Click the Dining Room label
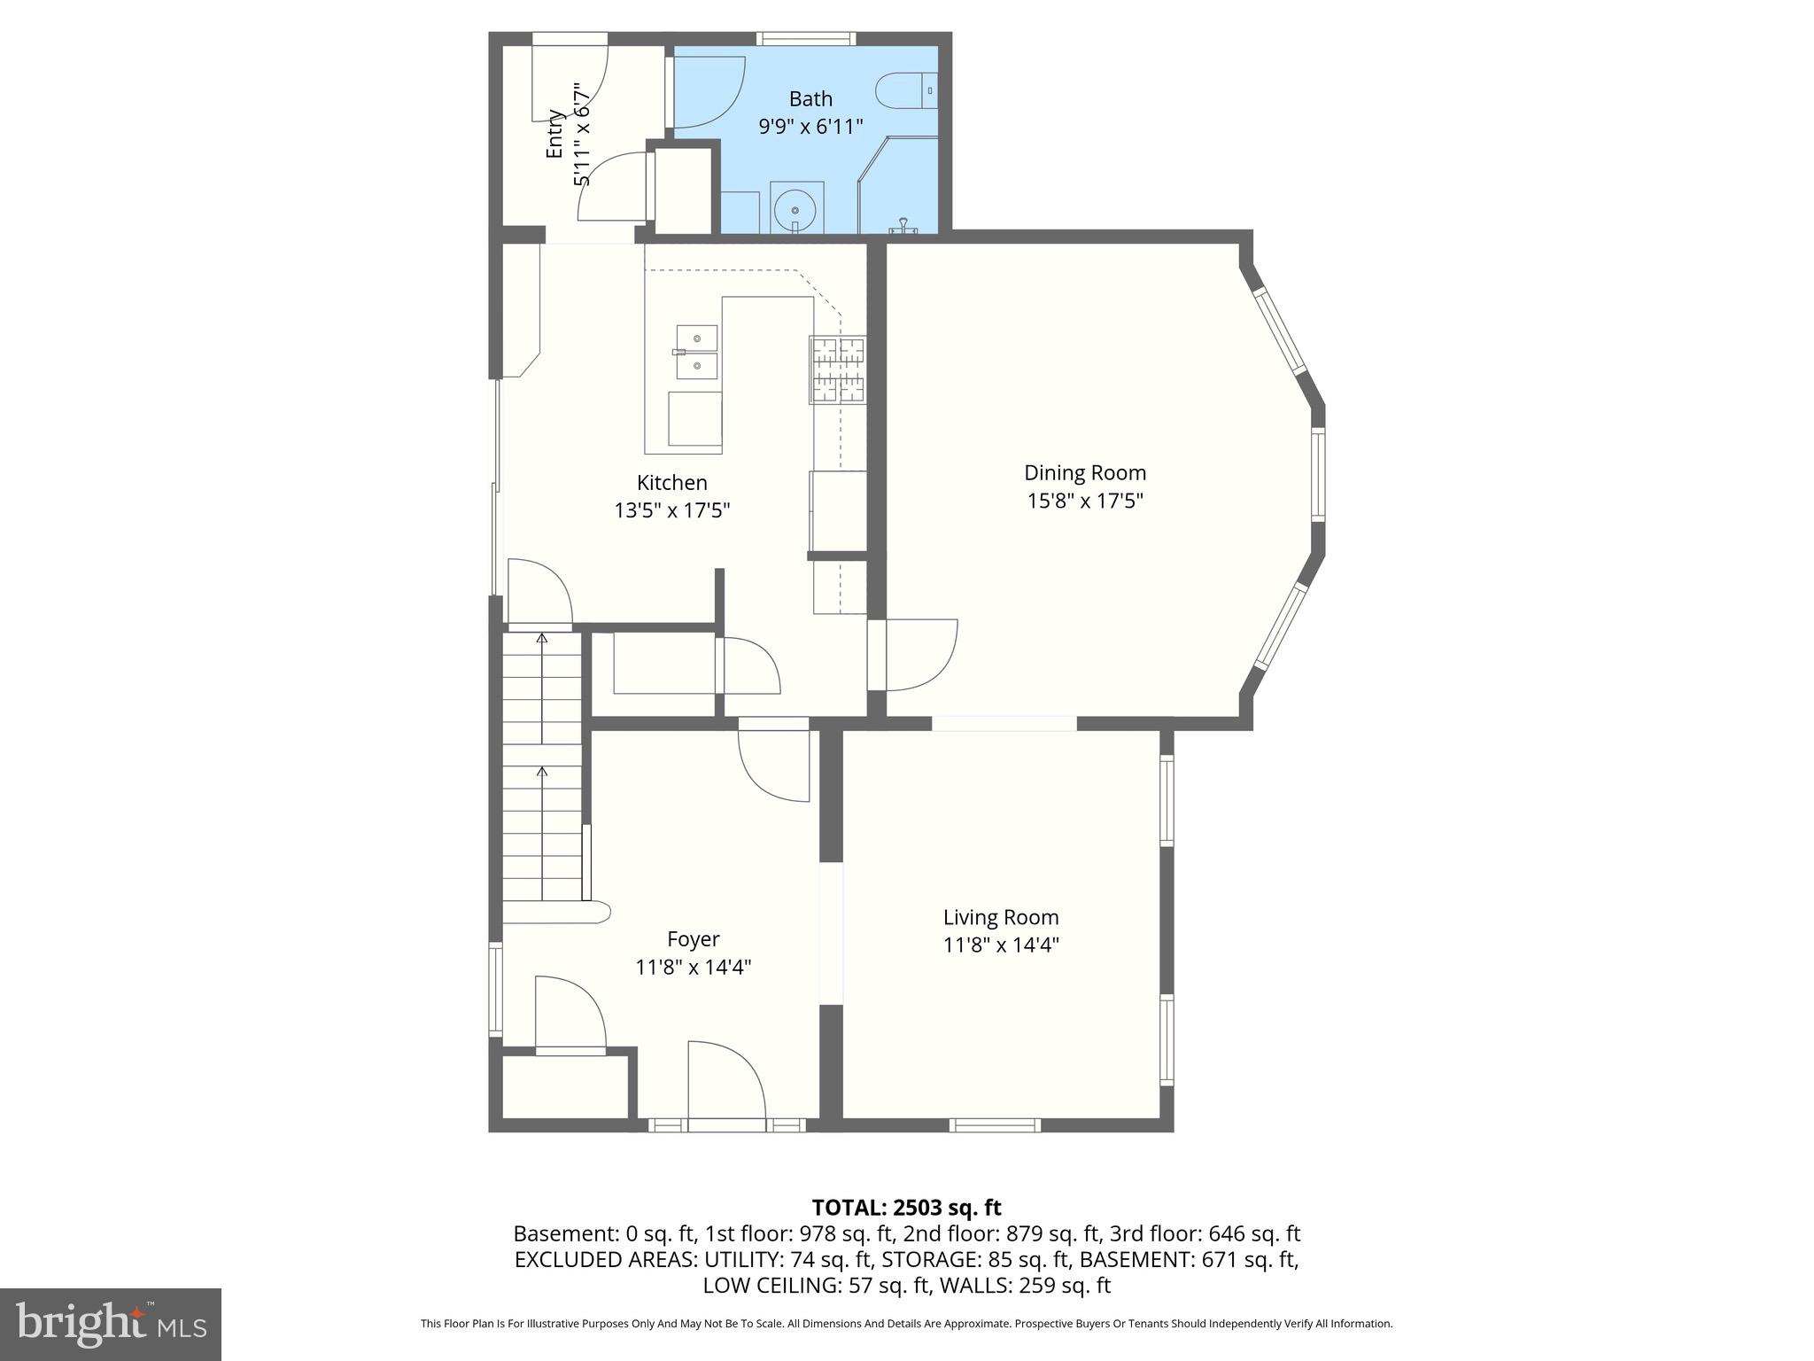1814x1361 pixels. pyautogui.click(x=1084, y=473)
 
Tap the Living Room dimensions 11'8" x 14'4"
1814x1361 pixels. pyautogui.click(x=1001, y=945)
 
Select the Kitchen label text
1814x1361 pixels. pyautogui.click(x=671, y=483)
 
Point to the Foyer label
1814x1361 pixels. pyautogui.click(x=693, y=939)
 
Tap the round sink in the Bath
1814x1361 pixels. pyautogui.click(x=795, y=210)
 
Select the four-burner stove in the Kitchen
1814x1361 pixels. pyautogui.click(x=837, y=370)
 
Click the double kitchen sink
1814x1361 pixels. pyautogui.click(x=696, y=352)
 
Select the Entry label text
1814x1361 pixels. pyautogui.click(x=554, y=134)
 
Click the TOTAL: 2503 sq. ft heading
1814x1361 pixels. pyautogui.click(x=906, y=1208)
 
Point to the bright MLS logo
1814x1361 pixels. pyautogui.click(x=111, y=1324)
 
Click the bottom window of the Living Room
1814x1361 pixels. pyautogui.click(x=995, y=1125)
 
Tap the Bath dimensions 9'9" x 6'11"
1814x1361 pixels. pyautogui.click(x=810, y=127)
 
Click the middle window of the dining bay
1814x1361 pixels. pyautogui.click(x=1318, y=474)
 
